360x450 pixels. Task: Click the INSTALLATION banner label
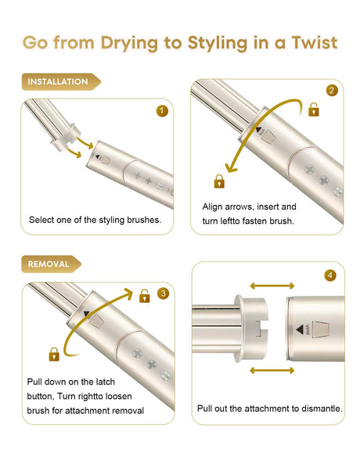click(61, 82)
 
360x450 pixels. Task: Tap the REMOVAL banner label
click(52, 264)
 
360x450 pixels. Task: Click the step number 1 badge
click(162, 111)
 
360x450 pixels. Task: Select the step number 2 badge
click(332, 91)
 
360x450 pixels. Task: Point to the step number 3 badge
click(163, 293)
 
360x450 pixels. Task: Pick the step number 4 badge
click(330, 275)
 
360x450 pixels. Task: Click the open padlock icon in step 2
click(314, 110)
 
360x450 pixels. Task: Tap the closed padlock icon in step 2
click(219, 182)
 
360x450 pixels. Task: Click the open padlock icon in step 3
click(145, 296)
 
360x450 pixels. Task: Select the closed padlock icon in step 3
click(54, 355)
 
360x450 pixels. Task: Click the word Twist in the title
click(315, 43)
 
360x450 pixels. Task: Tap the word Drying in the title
click(129, 44)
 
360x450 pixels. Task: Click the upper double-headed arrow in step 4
click(272, 286)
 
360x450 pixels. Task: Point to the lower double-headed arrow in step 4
click(272, 370)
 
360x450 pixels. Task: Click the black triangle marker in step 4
click(300, 329)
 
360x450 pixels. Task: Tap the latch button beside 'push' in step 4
click(320, 329)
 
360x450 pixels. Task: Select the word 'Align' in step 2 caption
click(212, 207)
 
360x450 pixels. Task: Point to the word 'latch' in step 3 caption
click(105, 382)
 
